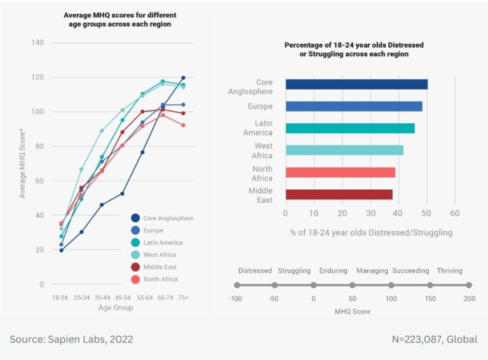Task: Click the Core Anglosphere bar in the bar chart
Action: [x=356, y=84]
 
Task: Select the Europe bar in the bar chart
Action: [x=354, y=106]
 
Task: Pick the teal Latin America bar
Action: [x=350, y=128]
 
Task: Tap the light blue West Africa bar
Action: [x=344, y=150]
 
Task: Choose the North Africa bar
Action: [x=341, y=172]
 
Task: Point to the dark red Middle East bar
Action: [x=339, y=194]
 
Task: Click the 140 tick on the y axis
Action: [x=37, y=43]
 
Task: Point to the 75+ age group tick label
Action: [x=183, y=297]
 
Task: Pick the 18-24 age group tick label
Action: [x=61, y=297]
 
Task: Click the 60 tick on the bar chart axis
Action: [x=454, y=213]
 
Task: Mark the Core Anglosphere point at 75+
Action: [x=183, y=77]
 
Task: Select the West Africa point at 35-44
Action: [x=102, y=131]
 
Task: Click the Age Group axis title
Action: [x=115, y=307]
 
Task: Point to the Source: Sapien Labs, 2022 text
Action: [x=71, y=339]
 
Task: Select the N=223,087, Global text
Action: [x=435, y=339]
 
